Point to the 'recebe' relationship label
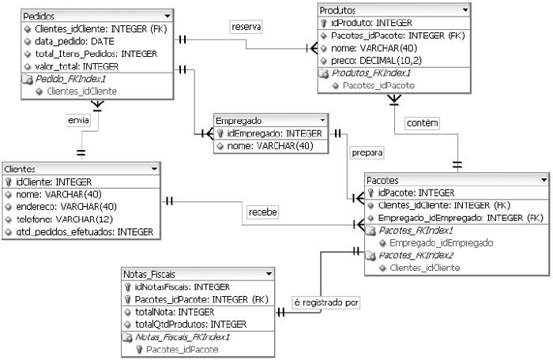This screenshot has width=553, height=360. [x=262, y=212]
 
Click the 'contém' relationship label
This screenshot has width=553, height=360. [x=421, y=123]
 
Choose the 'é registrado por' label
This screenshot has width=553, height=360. [x=325, y=302]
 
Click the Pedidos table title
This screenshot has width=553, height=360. [x=39, y=16]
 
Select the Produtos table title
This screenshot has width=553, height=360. [x=337, y=10]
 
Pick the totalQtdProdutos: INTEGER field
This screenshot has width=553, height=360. [x=190, y=324]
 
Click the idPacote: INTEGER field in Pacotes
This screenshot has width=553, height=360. [x=416, y=192]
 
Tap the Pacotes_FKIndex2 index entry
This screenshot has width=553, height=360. [x=416, y=256]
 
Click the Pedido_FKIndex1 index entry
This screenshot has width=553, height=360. [x=70, y=79]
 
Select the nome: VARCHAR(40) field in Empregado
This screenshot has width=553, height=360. [x=270, y=145]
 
